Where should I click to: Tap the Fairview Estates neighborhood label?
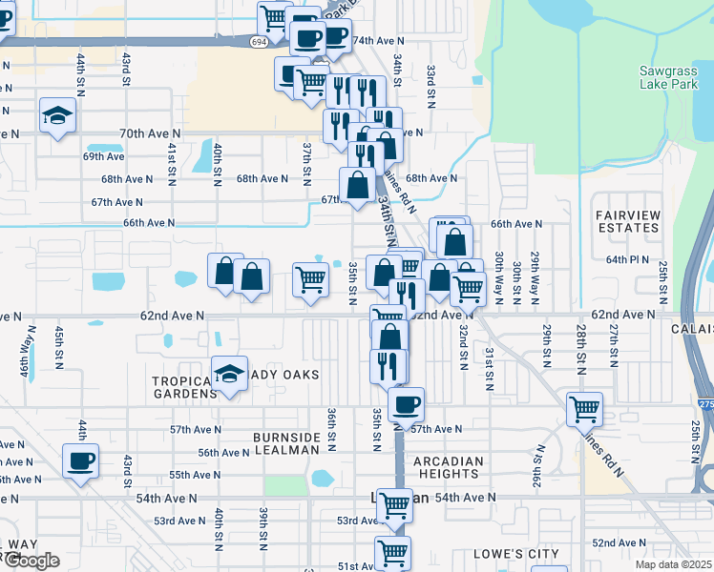(627, 221)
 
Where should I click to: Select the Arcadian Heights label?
(450, 468)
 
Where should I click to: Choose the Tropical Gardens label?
(185, 387)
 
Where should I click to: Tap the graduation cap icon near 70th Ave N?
(58, 115)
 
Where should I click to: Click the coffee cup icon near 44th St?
(80, 461)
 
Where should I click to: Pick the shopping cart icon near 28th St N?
(584, 409)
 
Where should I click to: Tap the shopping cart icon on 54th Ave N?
(394, 506)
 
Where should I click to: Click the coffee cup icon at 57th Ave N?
(406, 404)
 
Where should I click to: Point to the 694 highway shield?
(260, 42)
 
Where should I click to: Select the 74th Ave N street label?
(379, 42)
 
